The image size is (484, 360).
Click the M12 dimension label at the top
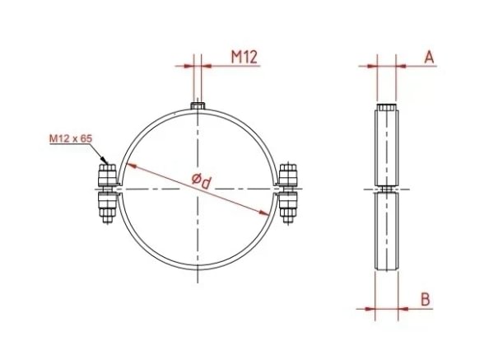click(x=244, y=56)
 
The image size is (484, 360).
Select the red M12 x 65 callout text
click(x=70, y=139)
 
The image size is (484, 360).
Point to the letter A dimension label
click(x=428, y=56)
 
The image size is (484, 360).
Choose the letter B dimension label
click(x=425, y=299)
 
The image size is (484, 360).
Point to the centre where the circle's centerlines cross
click(x=198, y=190)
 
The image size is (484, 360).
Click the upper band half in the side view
click(x=386, y=148)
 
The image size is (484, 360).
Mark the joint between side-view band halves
click(x=386, y=190)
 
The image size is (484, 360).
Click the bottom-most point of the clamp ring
click(x=198, y=270)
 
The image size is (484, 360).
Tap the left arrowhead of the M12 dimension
click(x=190, y=67)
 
